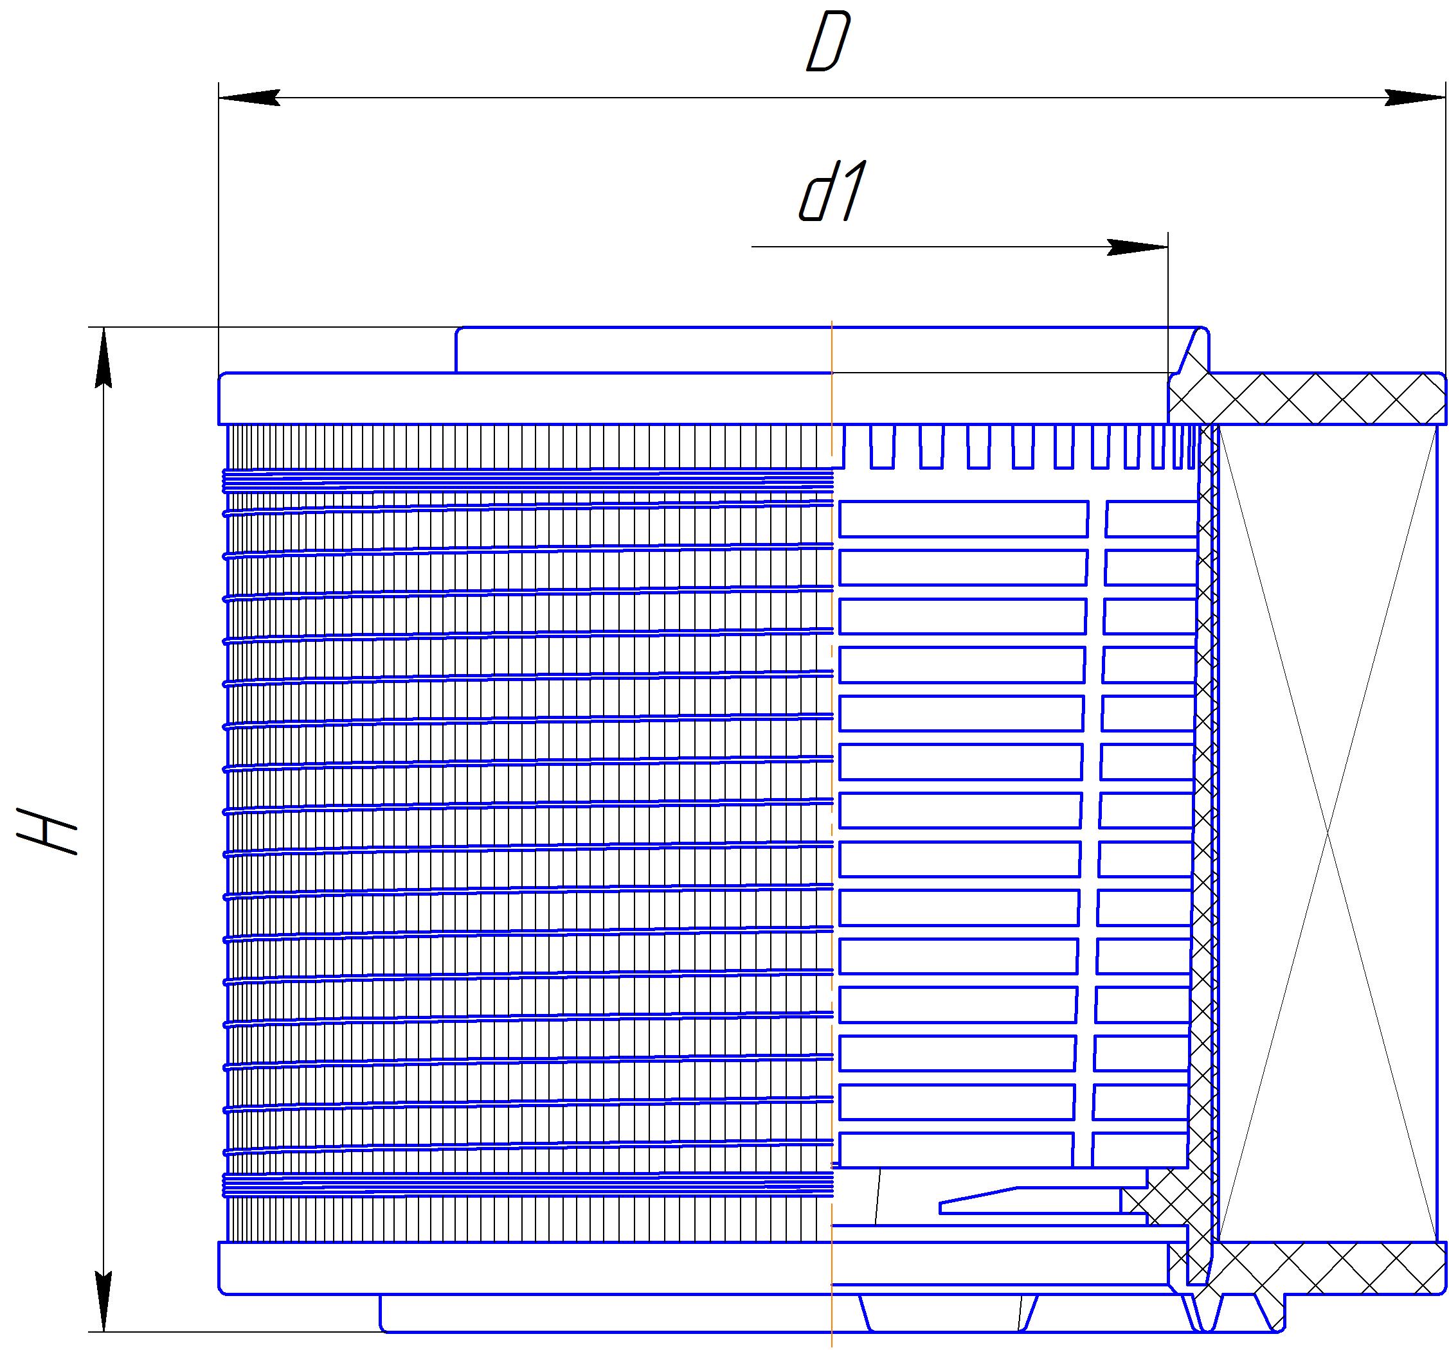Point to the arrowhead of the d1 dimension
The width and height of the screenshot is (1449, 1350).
(x=1138, y=247)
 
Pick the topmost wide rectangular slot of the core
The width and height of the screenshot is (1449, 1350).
(x=963, y=519)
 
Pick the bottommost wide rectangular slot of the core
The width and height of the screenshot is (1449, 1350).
(x=955, y=1150)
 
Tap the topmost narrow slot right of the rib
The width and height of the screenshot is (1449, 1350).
(x=1151, y=519)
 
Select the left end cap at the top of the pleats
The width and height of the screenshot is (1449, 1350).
(x=525, y=398)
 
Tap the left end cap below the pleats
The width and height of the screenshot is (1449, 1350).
(x=525, y=1268)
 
